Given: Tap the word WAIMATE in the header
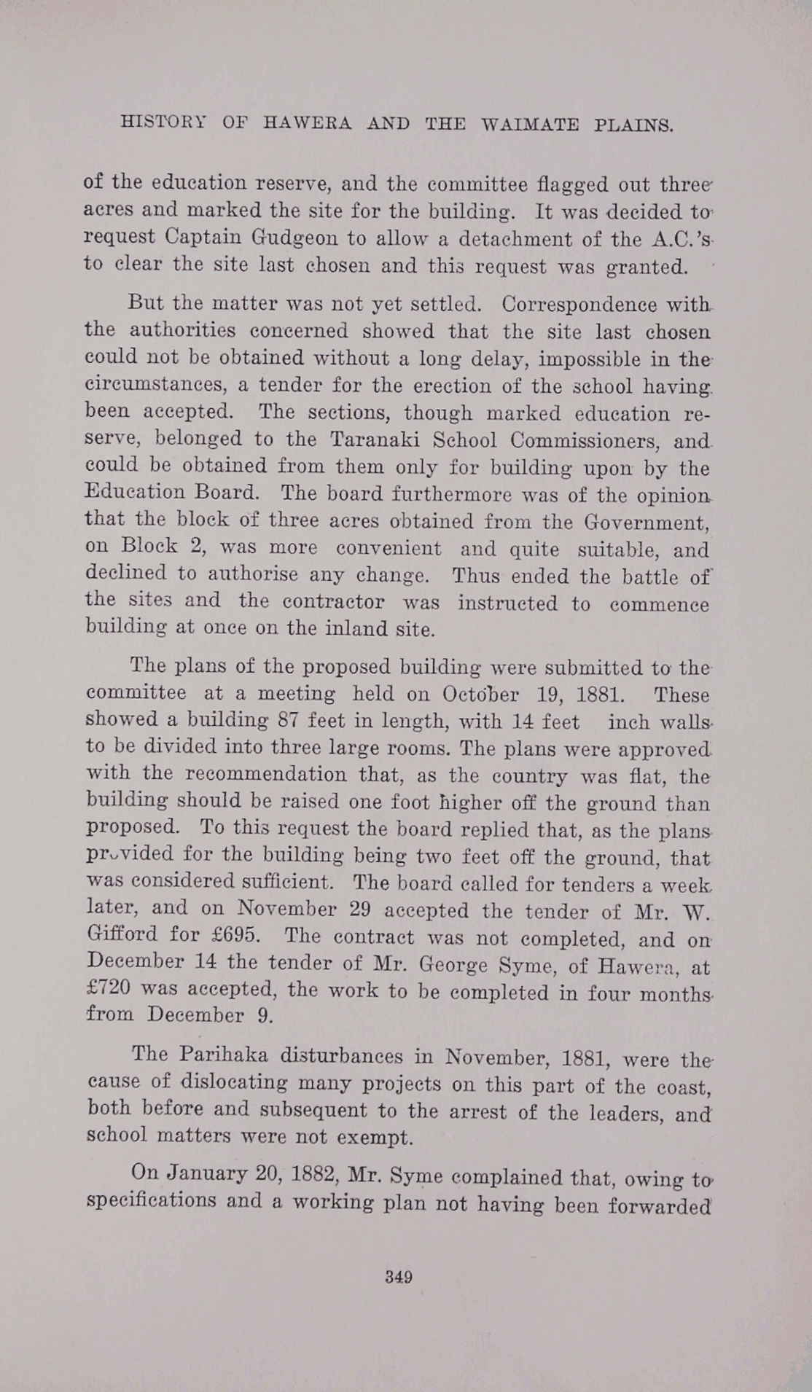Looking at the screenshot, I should click(x=530, y=125).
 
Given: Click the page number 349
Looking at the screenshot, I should click(x=399, y=1277).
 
